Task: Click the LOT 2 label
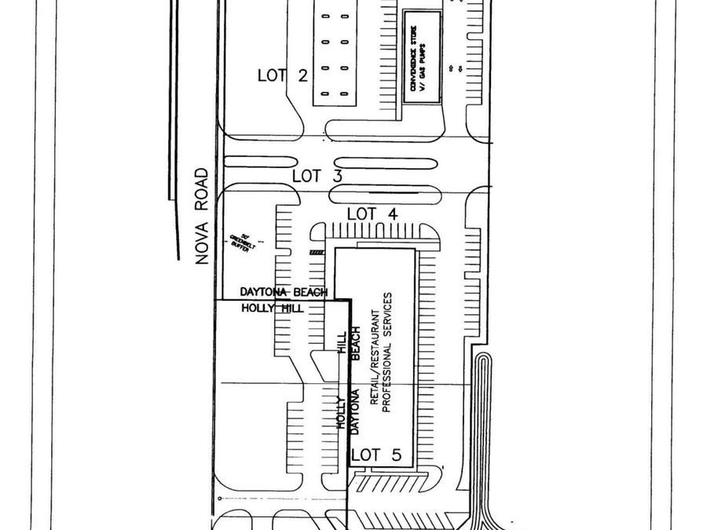click(282, 75)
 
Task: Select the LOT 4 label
click(373, 214)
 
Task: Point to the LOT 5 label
click(376, 455)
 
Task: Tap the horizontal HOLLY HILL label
click(272, 308)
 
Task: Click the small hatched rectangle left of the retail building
click(317, 252)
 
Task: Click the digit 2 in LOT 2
click(302, 75)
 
